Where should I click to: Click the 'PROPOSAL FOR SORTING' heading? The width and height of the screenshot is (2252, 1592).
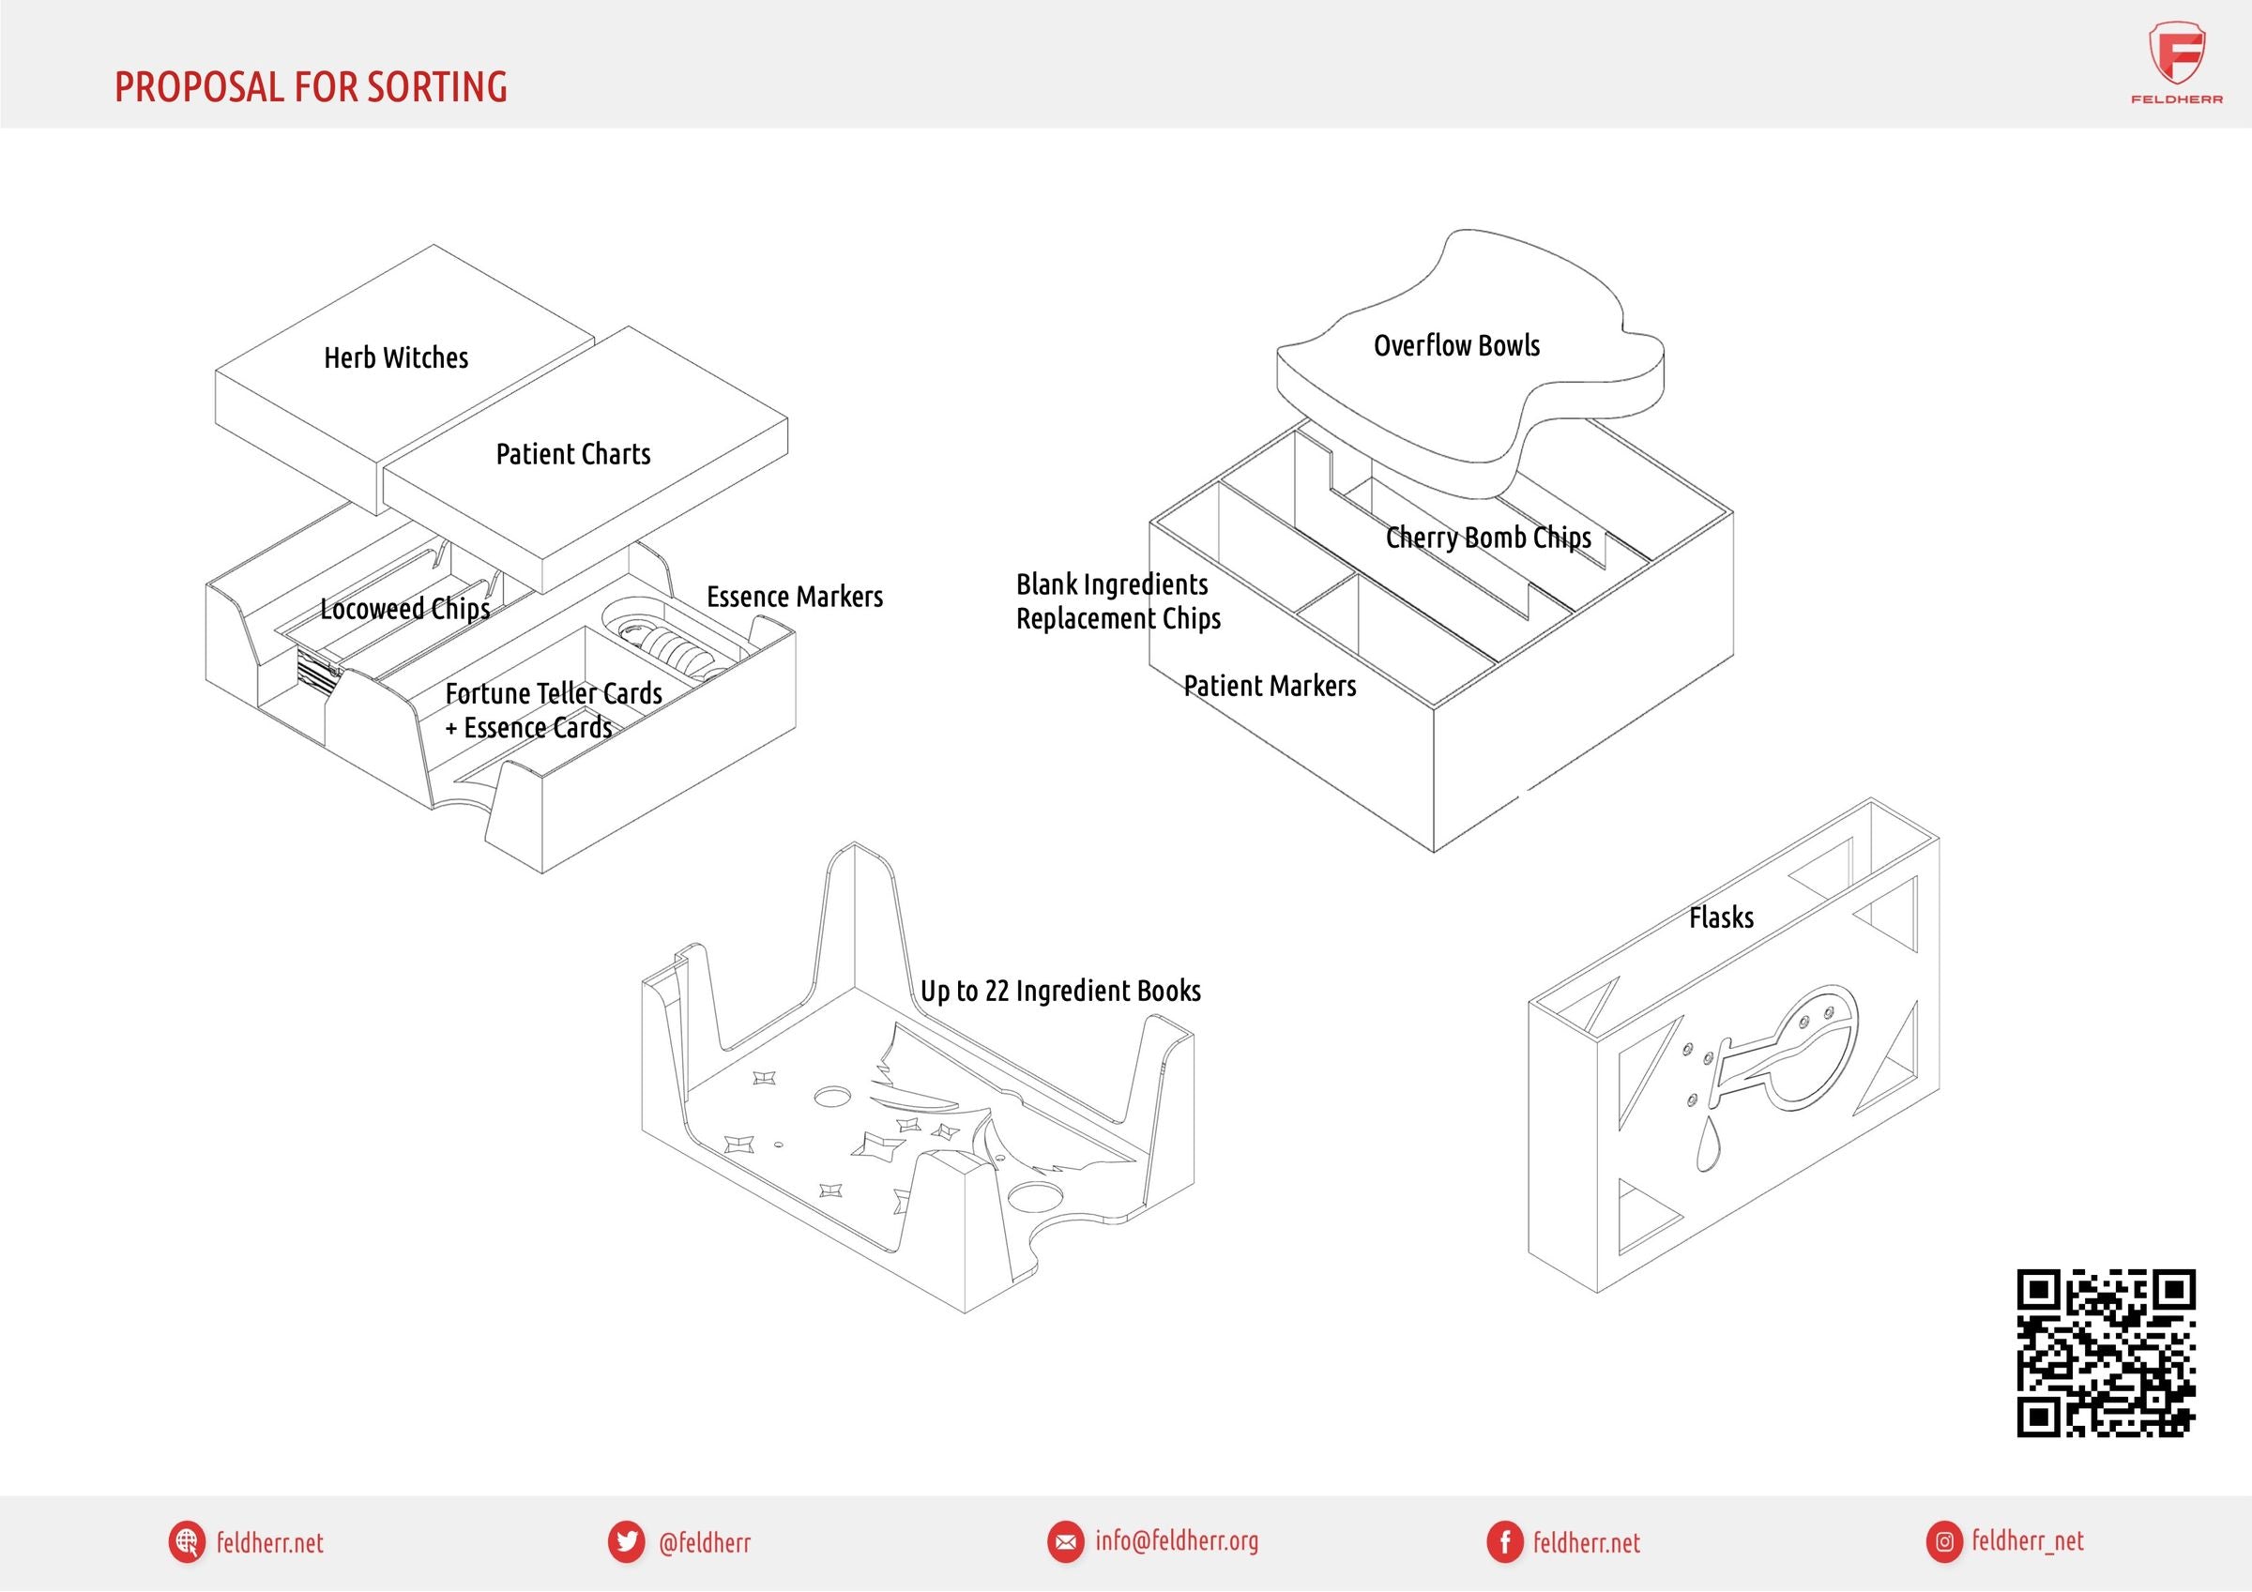311,87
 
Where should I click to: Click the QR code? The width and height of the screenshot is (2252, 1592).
2106,1354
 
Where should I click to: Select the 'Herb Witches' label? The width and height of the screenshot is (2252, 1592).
396,358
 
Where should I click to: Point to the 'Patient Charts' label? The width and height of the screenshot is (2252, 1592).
572,454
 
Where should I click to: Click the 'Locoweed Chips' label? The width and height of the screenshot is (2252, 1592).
405,609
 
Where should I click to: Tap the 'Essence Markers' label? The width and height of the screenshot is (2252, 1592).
795,597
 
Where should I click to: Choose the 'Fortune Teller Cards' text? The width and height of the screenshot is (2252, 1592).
554,693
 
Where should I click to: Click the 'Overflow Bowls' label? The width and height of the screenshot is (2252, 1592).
1456,345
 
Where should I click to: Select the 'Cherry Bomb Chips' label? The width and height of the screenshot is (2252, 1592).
1488,538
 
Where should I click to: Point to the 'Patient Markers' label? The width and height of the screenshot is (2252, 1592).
1270,686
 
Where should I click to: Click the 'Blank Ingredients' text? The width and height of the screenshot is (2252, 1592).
1112,584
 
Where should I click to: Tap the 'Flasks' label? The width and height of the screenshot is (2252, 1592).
1721,918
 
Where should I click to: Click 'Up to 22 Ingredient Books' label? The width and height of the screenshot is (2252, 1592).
1060,991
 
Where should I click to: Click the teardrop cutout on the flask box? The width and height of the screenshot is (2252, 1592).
1708,1145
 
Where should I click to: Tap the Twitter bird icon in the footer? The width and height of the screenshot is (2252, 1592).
626,1542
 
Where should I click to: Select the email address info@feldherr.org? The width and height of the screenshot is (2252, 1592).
1176,1541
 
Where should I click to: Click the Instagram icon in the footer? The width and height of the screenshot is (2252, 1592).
1944,1542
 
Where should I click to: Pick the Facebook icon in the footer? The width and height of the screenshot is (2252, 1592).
1504,1542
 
